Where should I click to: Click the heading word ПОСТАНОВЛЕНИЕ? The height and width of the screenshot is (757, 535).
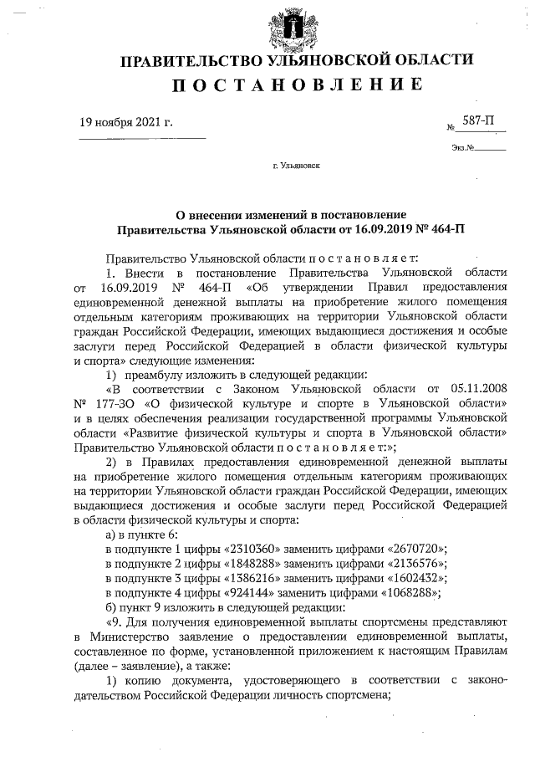coord(298,84)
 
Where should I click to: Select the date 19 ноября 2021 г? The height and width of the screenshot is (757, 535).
coord(126,122)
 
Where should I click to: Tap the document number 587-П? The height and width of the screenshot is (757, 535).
coord(479,122)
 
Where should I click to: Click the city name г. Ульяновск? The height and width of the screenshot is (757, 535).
coord(297,166)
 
